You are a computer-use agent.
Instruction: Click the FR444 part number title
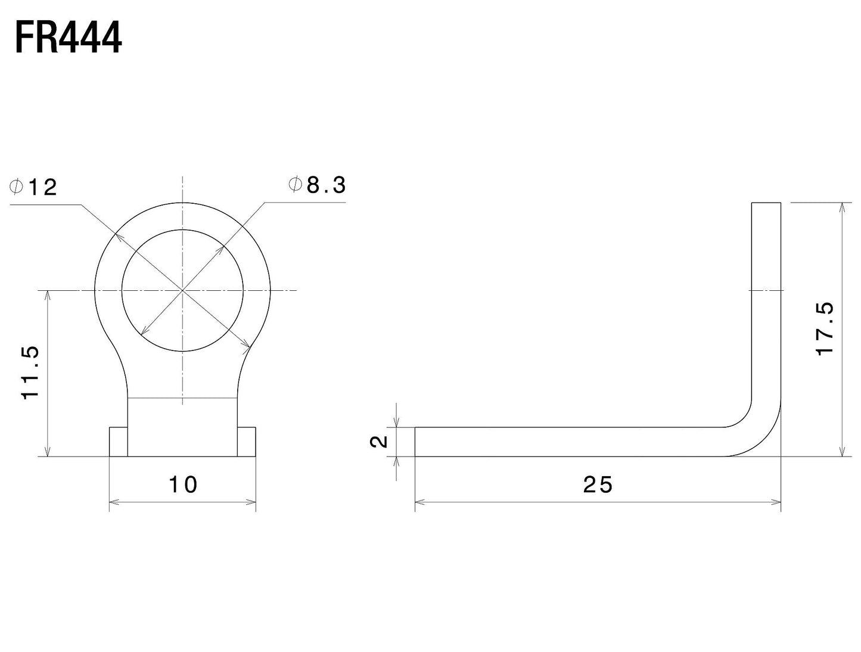(x=69, y=38)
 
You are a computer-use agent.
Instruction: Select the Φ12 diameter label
(x=34, y=187)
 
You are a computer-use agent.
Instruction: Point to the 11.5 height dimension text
(x=30, y=372)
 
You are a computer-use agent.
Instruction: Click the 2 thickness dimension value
(x=379, y=442)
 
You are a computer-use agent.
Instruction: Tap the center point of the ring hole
(x=182, y=290)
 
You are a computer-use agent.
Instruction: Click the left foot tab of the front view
(x=119, y=442)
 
